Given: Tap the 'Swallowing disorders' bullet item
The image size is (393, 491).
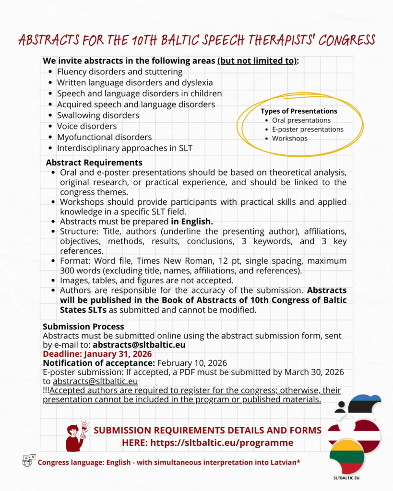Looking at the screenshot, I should point(98,116).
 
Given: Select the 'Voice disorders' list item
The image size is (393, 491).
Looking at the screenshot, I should point(86,126).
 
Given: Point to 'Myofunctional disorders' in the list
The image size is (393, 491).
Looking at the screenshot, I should point(104,137).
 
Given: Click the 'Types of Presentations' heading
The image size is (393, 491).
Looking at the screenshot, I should point(299,111).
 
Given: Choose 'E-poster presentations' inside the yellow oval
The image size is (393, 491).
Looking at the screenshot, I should point(308,129).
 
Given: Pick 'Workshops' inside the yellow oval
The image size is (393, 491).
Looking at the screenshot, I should point(289,139).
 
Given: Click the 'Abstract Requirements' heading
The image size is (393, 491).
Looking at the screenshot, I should point(94,163).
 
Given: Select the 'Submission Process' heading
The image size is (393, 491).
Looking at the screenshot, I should point(83,327).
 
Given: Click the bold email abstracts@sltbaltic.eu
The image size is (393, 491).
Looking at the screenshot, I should point(139,345).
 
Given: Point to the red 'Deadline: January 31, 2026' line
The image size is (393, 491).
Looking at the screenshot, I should point(97,354).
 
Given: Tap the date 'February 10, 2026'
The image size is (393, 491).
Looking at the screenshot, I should point(192,363).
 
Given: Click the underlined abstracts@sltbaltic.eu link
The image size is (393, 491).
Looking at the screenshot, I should point(95,381).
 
